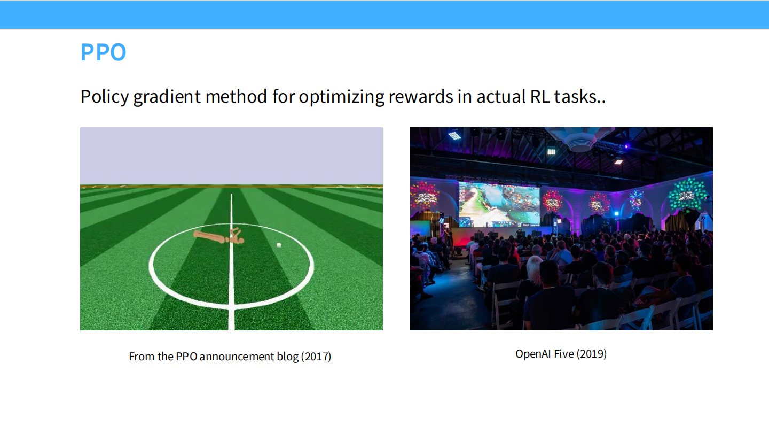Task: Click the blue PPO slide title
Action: pyautogui.click(x=103, y=52)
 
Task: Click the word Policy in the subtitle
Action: pyautogui.click(x=104, y=97)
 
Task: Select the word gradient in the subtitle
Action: pyautogui.click(x=167, y=97)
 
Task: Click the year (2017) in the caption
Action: pyautogui.click(x=317, y=357)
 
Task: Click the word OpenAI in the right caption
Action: pyautogui.click(x=533, y=354)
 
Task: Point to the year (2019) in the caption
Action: pyautogui.click(x=592, y=354)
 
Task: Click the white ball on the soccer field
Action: pyautogui.click(x=279, y=245)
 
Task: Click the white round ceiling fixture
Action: pyautogui.click(x=580, y=142)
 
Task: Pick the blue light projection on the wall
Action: pyautogui.click(x=636, y=200)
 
